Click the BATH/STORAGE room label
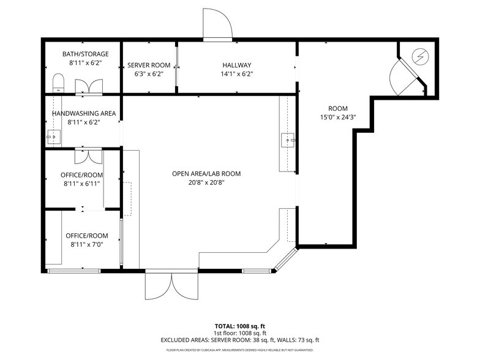pos(85,54)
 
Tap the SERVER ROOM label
pos(148,65)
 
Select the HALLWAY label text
pos(236,65)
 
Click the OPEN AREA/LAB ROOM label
pos(206,174)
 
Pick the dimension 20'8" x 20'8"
pos(206,182)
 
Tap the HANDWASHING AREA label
pos(84,113)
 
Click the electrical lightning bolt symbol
pos(419,56)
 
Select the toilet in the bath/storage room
pos(58,83)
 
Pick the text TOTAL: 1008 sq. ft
pos(239,326)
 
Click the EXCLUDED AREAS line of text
pos(239,340)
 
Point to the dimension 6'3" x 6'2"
pos(148,73)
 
